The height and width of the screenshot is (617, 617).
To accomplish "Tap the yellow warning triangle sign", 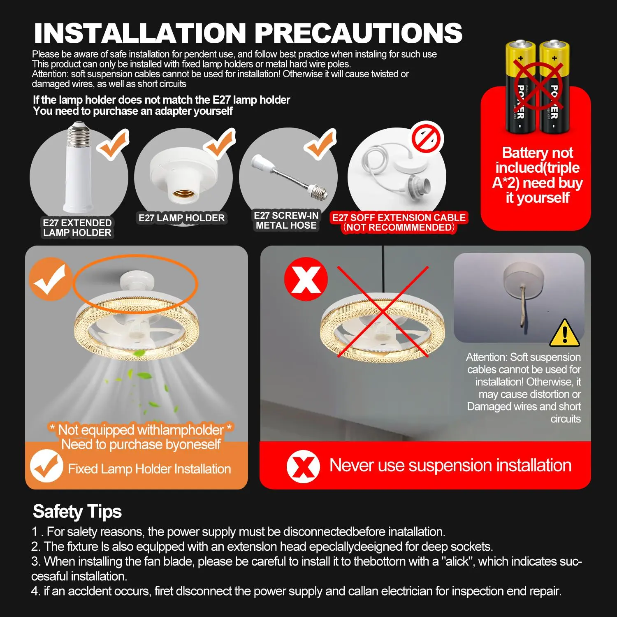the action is pyautogui.click(x=565, y=333).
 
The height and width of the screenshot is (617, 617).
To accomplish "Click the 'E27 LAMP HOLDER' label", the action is pyautogui.click(x=182, y=218).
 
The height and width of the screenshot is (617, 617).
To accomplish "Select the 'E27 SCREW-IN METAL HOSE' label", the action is pyautogui.click(x=286, y=220).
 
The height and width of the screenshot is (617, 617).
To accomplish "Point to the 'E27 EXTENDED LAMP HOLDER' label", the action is pyautogui.click(x=77, y=228).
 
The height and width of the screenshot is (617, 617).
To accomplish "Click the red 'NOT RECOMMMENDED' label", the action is pyautogui.click(x=399, y=227).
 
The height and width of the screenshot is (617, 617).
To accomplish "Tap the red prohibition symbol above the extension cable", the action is pyautogui.click(x=428, y=137).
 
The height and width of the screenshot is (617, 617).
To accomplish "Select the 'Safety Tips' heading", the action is pyautogui.click(x=77, y=512).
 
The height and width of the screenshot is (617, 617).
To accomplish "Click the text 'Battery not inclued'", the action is pyautogui.click(x=537, y=160).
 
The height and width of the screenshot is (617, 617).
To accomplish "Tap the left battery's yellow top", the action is pyautogui.click(x=520, y=53).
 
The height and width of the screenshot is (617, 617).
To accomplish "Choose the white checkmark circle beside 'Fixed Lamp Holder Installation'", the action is pyautogui.click(x=46, y=466).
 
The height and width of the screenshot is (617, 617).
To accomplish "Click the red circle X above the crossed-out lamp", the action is pyautogui.click(x=306, y=279).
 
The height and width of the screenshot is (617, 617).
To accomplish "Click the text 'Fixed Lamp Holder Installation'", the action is pyautogui.click(x=150, y=469).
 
